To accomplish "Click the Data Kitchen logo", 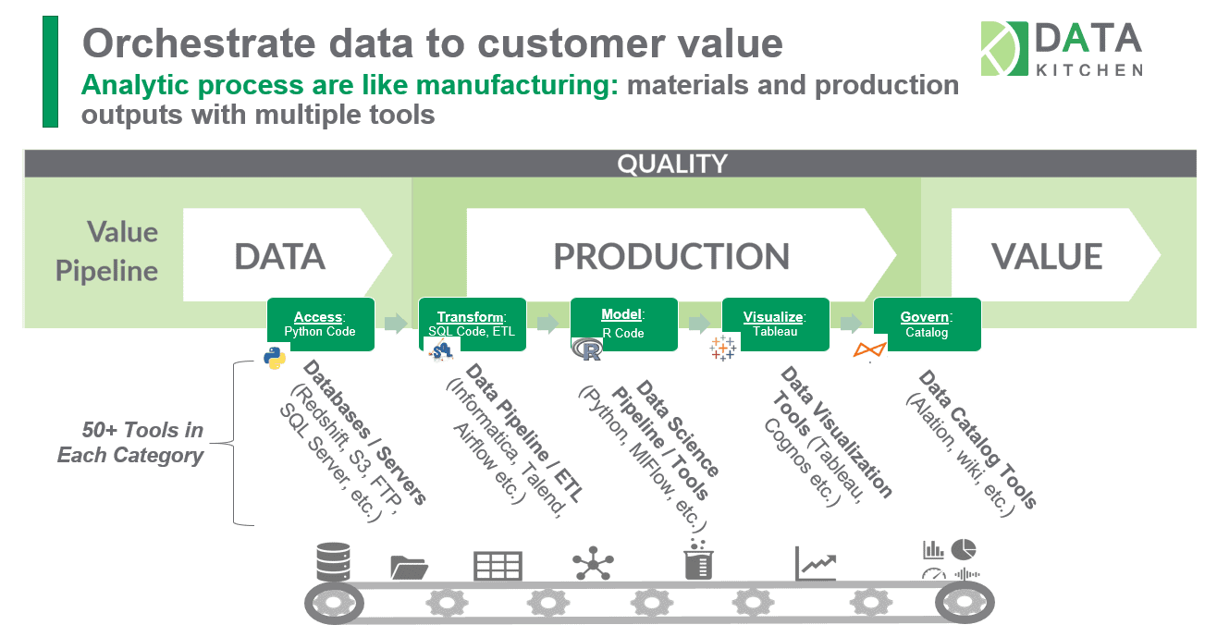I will [x=1061, y=49].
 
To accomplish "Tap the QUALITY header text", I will [x=672, y=164].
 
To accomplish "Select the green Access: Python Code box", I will [x=320, y=324].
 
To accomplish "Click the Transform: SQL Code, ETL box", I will [x=472, y=324].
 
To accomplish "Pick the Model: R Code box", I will [x=623, y=324].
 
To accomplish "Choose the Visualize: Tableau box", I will [x=775, y=324].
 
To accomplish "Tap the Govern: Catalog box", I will [x=927, y=324].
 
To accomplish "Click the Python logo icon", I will [x=275, y=358].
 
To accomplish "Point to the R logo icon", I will [x=586, y=350].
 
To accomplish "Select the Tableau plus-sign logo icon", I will [x=722, y=349].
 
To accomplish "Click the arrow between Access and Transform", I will [x=396, y=323].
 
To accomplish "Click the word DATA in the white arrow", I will [x=279, y=256].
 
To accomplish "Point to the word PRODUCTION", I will [x=671, y=256].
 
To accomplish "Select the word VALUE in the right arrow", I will [x=1047, y=256].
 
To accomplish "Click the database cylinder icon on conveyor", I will [x=333, y=561].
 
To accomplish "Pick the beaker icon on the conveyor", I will [x=698, y=560].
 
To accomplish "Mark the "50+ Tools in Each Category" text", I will [x=130, y=443].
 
